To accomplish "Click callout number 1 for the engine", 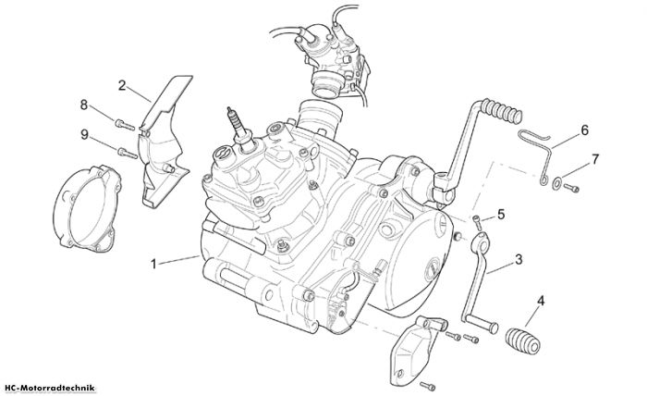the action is coord(153,264).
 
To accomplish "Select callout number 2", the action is coord(122,85).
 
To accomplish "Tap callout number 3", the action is coord(519,259).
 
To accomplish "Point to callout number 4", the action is coord(541,301).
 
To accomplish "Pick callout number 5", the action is coord(501,215).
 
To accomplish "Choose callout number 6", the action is coord(584,130).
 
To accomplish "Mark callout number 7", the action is coord(594,159).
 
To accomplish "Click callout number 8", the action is coord(84,105).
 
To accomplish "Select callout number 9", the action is coord(84,134).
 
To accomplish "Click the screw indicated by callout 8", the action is coord(125,124).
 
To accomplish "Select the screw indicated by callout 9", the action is coord(128,154).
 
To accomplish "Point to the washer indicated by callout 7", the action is coord(556,183).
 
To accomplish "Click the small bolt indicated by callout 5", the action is coord(477,223).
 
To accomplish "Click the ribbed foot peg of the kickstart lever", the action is coord(502,110).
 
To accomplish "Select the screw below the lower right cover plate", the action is coord(427,386).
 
